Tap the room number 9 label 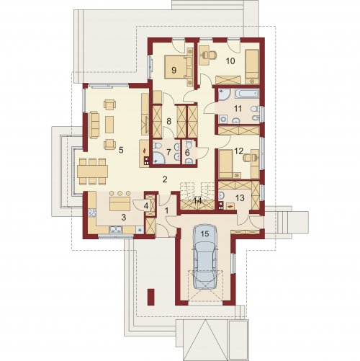(x=174, y=70)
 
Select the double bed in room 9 (x=179, y=67)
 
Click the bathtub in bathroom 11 (x=247, y=93)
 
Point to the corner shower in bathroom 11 (x=225, y=94)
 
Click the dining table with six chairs (x=92, y=171)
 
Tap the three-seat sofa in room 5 (x=94, y=125)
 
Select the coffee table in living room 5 (x=109, y=125)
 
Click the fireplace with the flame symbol (x=145, y=153)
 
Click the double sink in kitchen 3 (x=116, y=230)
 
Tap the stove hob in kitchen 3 (x=92, y=213)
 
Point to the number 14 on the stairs (x=197, y=201)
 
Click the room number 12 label (x=239, y=151)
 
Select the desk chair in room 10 (x=208, y=55)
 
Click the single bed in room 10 (x=252, y=67)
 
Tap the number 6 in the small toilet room (x=187, y=152)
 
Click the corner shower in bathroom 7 (x=158, y=158)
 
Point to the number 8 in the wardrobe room (x=169, y=121)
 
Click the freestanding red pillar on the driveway (x=150, y=297)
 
